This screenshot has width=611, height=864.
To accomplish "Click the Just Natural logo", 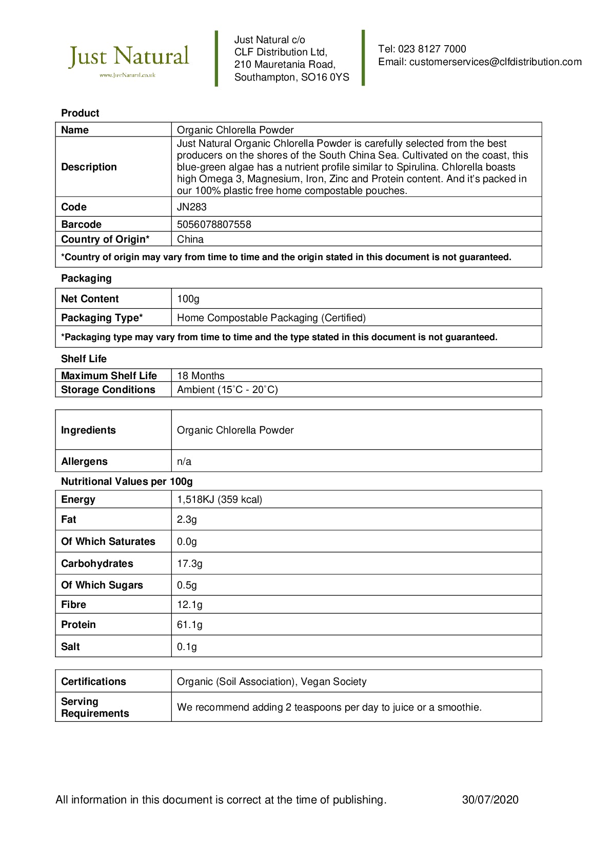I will point(129,59).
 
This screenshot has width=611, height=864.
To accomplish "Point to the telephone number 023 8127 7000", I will point(432,49).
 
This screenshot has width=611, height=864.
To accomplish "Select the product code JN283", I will point(192,207).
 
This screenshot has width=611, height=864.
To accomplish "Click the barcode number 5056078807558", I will point(214,225).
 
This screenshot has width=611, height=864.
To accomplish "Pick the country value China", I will point(190,240).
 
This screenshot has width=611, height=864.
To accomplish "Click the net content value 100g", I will point(188,299).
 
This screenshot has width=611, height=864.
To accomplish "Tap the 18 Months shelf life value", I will point(201,376).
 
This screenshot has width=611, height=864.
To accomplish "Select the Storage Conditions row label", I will point(108,390).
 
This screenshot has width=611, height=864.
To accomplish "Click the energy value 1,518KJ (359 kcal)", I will point(220,500).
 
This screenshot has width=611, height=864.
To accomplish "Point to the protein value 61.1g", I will point(190,625).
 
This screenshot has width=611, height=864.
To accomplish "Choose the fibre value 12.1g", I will point(190,605).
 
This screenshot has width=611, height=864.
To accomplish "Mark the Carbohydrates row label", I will point(97,564).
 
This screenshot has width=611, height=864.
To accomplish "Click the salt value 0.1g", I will point(187,647).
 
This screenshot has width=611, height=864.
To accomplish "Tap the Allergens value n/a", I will point(184,462).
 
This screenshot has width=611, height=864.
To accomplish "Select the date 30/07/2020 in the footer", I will point(490,800).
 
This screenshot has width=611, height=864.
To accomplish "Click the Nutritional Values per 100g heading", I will point(127,482).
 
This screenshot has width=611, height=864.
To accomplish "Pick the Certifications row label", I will point(93,682).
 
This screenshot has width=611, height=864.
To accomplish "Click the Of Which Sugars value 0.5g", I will point(187,585).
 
